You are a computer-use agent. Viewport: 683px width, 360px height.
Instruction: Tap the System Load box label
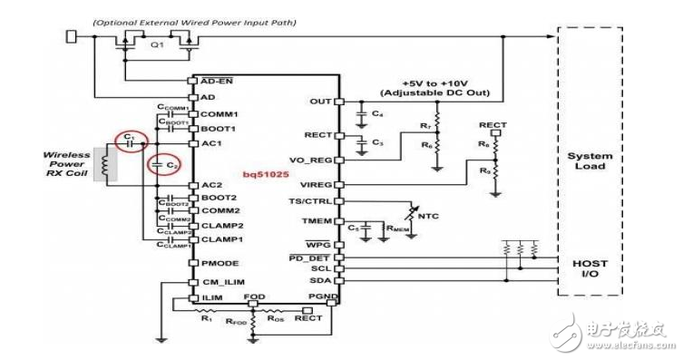[591, 161]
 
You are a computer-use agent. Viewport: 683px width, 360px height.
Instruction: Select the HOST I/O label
[591, 268]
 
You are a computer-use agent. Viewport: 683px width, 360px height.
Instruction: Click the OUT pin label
[320, 101]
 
